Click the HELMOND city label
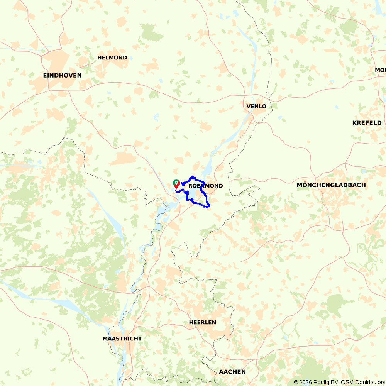(112, 58)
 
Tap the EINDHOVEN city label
(63, 75)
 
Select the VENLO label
(256, 106)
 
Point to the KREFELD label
(367, 123)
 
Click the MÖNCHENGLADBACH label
(331, 185)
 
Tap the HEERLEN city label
(203, 322)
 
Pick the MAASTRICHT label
(122, 339)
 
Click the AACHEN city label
(232, 372)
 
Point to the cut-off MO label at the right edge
(380, 70)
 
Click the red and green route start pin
(176, 184)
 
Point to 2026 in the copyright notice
(305, 382)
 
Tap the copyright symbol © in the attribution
(296, 382)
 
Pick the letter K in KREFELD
(355, 123)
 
